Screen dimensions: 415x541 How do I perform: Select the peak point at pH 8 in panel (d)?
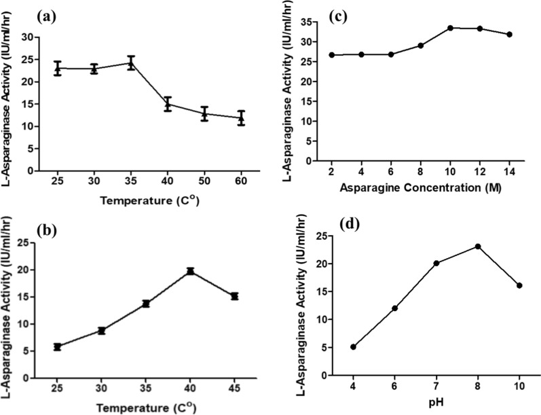coord(478,246)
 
